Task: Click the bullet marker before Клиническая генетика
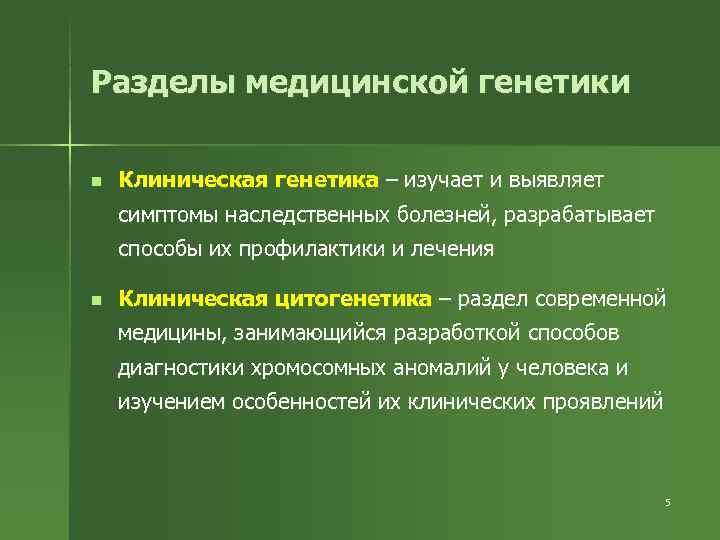coord(93,182)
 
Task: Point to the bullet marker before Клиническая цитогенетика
coord(93,300)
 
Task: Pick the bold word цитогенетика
coord(366,299)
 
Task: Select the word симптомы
coord(166,214)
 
